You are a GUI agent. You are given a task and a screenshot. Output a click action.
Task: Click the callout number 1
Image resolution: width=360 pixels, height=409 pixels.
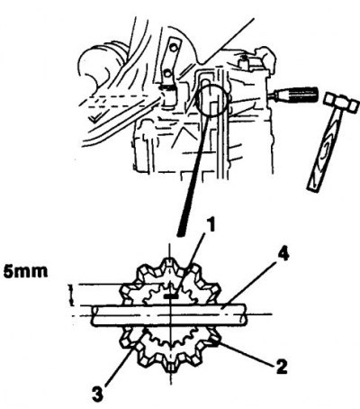click(211, 226)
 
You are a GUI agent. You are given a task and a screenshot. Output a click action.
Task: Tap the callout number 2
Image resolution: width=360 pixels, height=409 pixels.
click(282, 366)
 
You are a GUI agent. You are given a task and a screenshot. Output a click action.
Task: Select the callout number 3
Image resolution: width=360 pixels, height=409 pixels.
click(97, 394)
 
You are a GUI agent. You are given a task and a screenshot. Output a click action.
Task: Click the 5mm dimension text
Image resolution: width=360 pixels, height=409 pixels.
click(25, 271)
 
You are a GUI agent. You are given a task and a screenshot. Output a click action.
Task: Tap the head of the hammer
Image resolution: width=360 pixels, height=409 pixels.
click(342, 102)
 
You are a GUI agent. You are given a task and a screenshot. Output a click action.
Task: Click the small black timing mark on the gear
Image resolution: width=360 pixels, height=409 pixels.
click(171, 296)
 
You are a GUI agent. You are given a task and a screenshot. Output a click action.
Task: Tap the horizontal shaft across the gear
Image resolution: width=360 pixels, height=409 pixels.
click(169, 314)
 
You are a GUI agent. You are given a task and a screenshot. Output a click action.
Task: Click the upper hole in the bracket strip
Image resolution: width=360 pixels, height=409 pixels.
click(173, 47)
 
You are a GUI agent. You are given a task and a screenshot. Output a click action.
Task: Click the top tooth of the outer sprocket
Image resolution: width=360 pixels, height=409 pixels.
click(169, 261)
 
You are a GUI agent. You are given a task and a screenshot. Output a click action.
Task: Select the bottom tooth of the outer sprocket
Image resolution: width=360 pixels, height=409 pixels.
click(170, 367)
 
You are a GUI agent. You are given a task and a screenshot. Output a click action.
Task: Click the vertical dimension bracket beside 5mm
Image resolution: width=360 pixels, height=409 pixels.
click(71, 295)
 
